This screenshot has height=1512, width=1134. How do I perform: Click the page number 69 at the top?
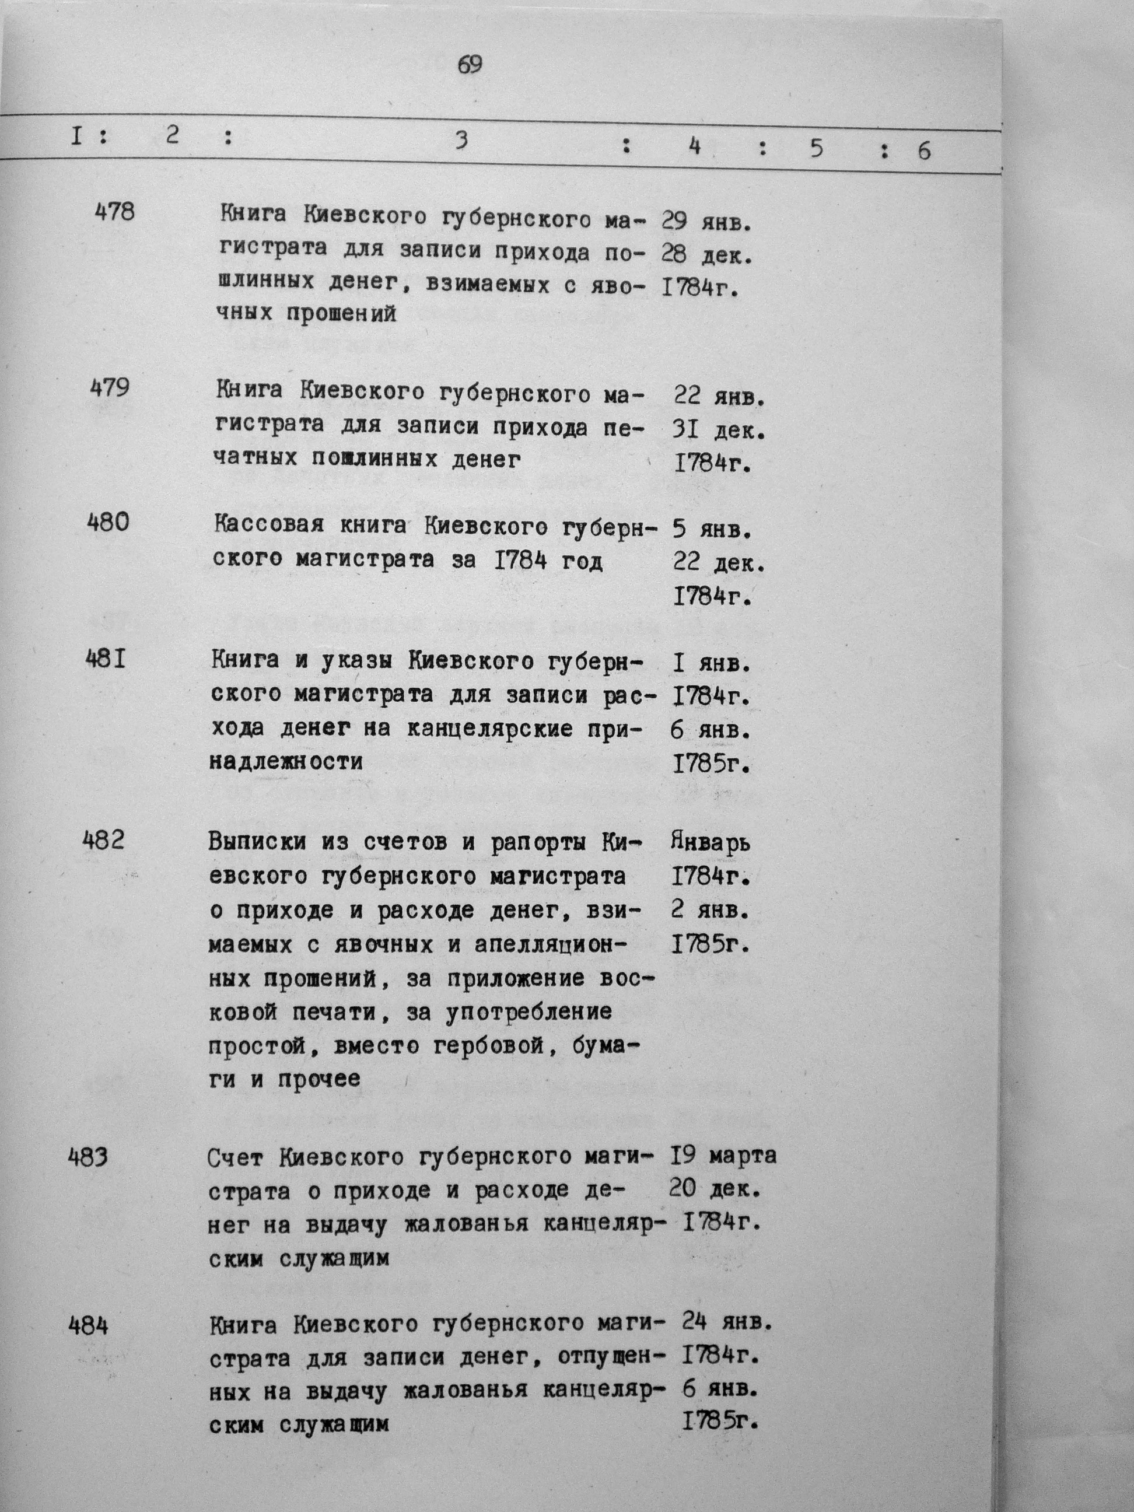tap(470, 65)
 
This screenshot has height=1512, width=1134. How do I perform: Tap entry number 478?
tap(115, 212)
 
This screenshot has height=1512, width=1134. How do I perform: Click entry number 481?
tap(106, 660)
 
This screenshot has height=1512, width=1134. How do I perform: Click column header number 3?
tap(462, 141)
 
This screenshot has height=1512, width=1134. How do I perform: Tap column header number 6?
tap(923, 151)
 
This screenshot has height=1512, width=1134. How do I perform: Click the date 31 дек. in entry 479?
tap(719, 430)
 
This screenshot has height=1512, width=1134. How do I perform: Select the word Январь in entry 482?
tap(711, 842)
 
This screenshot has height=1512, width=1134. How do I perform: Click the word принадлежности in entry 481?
tap(286, 762)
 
